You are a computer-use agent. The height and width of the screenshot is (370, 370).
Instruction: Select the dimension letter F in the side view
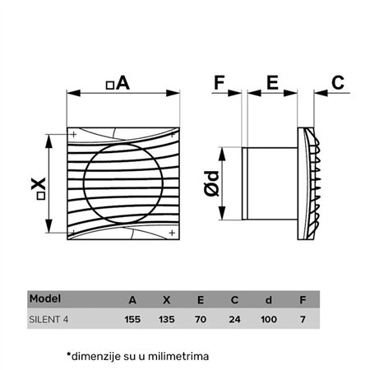pyautogui.click(x=220, y=82)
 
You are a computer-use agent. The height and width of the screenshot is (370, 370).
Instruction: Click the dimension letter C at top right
pyautogui.click(x=338, y=82)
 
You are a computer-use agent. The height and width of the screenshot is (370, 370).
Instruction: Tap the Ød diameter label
pyautogui.click(x=212, y=183)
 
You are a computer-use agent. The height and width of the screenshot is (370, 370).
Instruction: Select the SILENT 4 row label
pyautogui.click(x=50, y=317)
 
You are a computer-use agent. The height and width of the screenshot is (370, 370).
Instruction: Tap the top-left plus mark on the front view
pyautogui.click(x=74, y=134)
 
